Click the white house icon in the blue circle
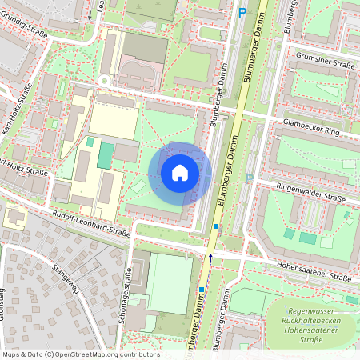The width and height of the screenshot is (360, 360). click(x=180, y=172)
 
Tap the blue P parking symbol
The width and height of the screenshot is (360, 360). click(x=242, y=12)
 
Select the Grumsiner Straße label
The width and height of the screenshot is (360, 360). click(x=326, y=57)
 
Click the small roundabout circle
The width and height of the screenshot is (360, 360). click(x=103, y=81)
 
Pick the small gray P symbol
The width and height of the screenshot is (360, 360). click(x=249, y=178)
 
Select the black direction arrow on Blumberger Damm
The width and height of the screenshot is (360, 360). click(x=211, y=257)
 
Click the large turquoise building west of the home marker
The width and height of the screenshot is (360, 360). click(x=105, y=155)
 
